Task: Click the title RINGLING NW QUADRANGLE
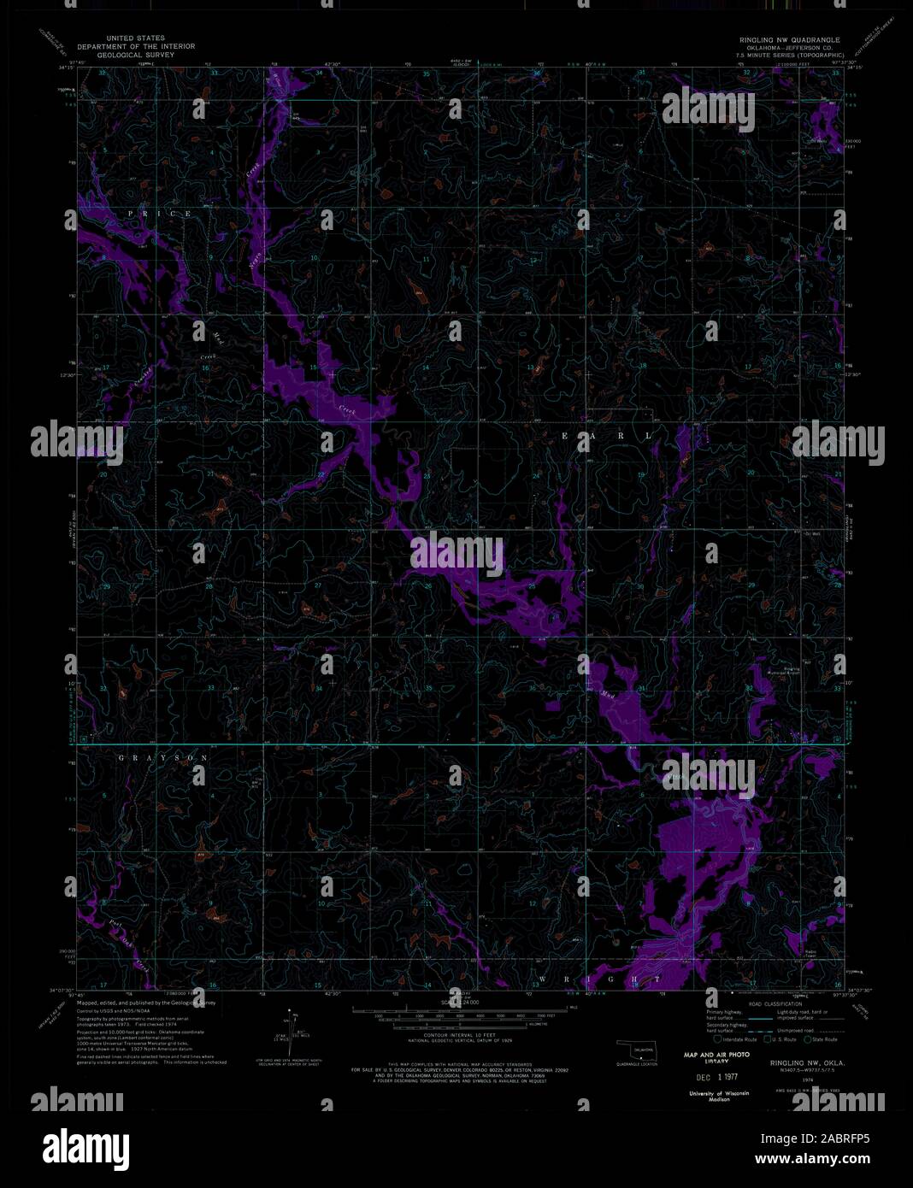coord(790,40)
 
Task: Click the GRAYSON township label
coord(163,758)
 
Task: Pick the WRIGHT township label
coord(598,977)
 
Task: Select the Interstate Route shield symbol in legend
coord(716,1038)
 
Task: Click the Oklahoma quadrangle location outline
coord(635,1050)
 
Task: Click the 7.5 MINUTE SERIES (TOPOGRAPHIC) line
coord(790,55)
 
